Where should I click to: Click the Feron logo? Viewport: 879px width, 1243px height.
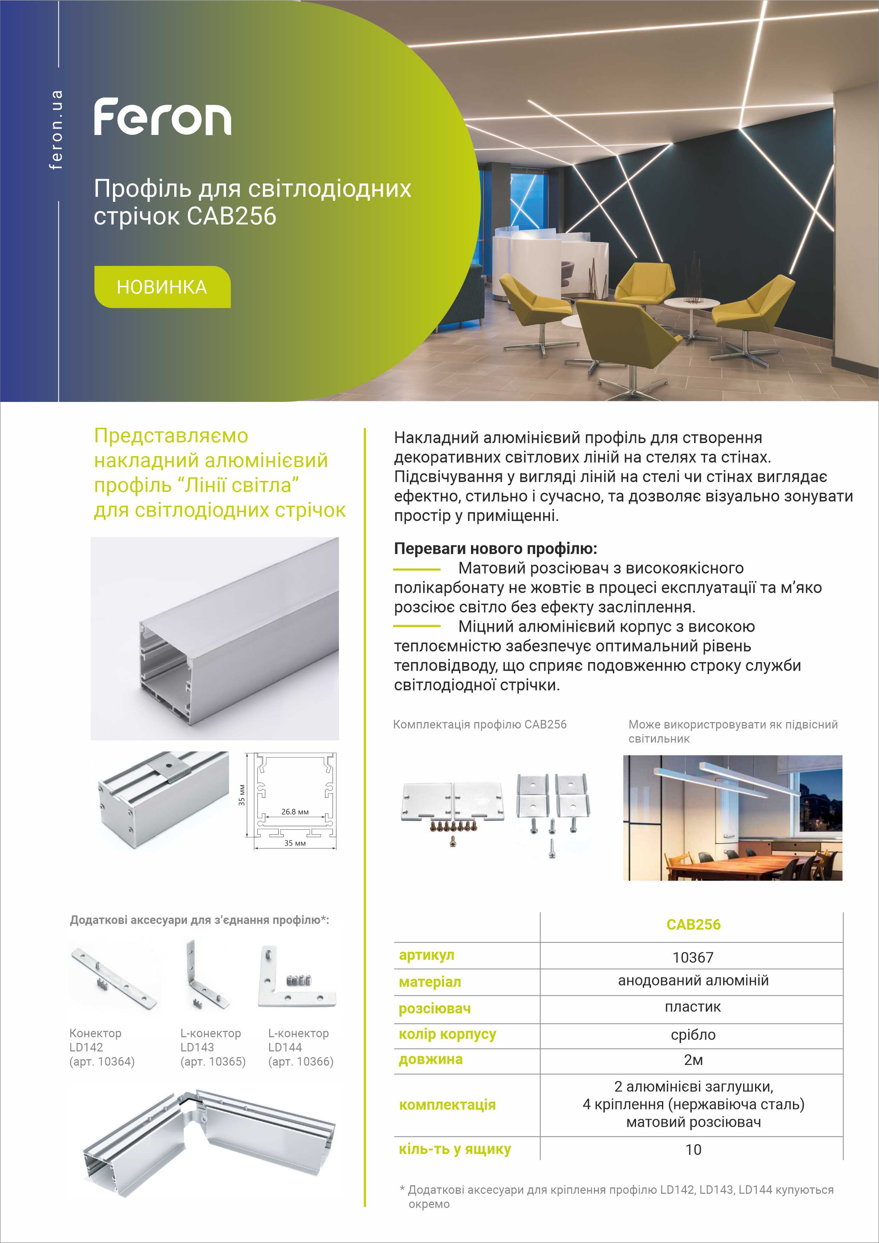tap(162, 117)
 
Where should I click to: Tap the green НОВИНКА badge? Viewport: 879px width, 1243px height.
tap(162, 287)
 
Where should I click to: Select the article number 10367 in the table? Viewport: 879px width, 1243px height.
tap(693, 958)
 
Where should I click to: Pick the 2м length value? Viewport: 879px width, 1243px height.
tap(693, 1060)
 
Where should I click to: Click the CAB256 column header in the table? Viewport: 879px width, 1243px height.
tap(693, 925)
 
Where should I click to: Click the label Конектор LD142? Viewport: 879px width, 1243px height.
tap(95, 1040)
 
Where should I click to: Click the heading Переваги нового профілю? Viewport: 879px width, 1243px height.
tap(495, 549)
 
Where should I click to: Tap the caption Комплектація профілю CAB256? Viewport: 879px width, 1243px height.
tap(480, 724)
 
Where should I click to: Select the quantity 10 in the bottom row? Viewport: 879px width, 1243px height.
tap(693, 1150)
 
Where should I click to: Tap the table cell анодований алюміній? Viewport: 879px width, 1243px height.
tap(693, 981)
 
